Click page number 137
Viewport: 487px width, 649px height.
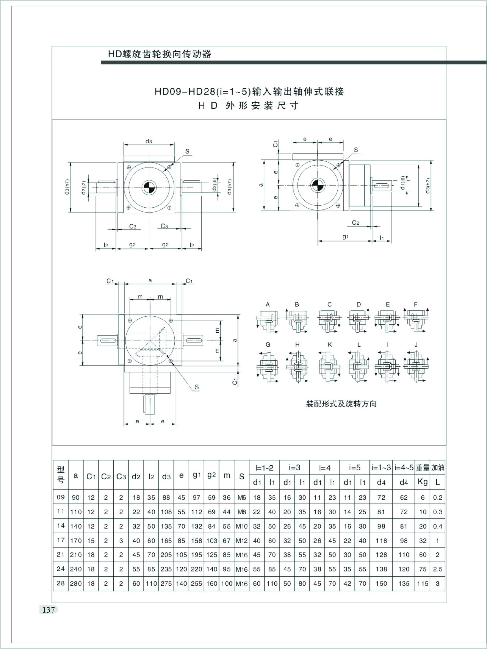(49, 610)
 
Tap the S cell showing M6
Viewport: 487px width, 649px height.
(242, 498)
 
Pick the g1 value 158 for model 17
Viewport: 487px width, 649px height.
(196, 541)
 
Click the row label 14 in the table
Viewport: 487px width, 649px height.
(60, 526)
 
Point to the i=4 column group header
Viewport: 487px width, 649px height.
(325, 468)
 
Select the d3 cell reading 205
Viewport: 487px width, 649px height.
(166, 555)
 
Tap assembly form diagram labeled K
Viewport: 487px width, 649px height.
(330, 367)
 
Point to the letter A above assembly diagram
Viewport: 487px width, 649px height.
(268, 304)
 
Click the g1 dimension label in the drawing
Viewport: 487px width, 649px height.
(345, 237)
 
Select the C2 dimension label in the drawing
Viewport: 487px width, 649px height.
(355, 223)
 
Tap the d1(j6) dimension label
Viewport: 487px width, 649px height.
(403, 183)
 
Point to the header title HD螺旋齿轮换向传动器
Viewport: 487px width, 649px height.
(160, 54)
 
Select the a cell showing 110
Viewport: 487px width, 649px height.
(76, 512)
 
